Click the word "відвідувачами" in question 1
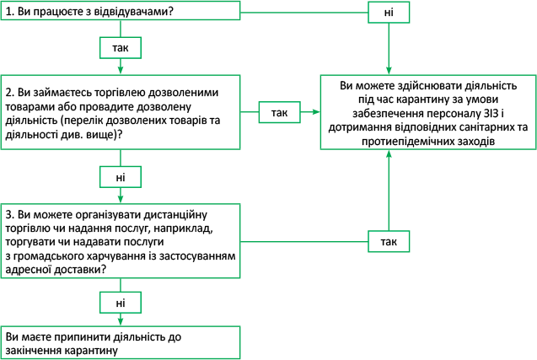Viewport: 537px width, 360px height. pos(137,13)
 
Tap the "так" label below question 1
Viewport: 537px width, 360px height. pos(120,48)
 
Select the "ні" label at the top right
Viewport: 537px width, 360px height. pos(389,13)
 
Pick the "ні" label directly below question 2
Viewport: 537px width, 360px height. pos(120,176)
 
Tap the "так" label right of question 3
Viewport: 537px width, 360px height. pos(389,242)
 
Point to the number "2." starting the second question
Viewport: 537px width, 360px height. pos(10,91)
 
